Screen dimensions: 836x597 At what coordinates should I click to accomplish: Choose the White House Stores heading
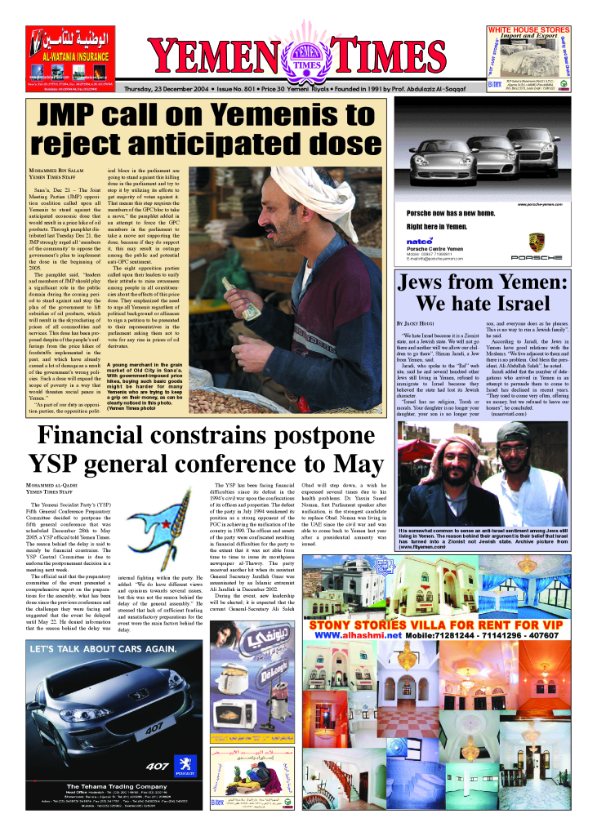(540, 29)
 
